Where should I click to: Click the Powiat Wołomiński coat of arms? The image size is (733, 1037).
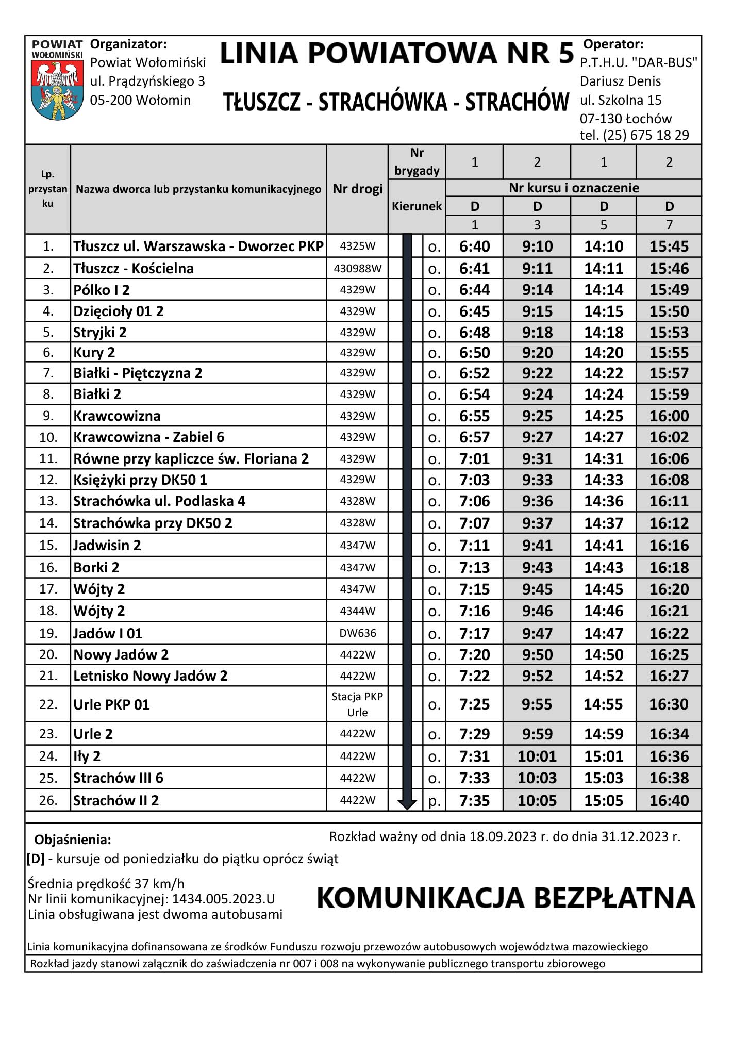click(57, 88)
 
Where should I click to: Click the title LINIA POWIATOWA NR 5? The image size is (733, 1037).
click(396, 54)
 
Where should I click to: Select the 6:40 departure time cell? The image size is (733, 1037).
click(474, 246)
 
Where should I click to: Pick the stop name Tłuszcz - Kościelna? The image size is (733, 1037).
click(134, 269)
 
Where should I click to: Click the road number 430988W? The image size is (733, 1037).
click(357, 269)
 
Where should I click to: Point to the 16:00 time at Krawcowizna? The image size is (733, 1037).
click(669, 416)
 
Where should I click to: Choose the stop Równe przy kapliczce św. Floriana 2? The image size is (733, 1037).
click(191, 459)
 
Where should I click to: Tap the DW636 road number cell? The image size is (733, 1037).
click(357, 633)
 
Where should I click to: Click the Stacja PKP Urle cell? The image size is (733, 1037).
click(357, 704)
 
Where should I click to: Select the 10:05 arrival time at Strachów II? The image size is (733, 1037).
click(537, 801)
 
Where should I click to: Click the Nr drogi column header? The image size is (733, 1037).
click(357, 189)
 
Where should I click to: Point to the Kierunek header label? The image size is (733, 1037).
click(417, 207)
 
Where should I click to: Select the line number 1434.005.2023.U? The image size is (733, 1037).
click(223, 899)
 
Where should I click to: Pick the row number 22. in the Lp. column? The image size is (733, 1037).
click(48, 704)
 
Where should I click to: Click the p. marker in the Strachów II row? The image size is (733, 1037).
click(434, 801)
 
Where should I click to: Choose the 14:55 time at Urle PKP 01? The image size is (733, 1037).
click(603, 704)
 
